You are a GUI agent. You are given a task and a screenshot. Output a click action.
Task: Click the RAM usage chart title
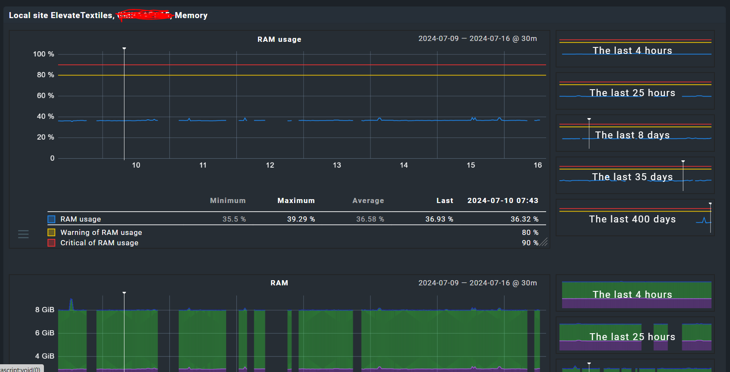[x=279, y=39]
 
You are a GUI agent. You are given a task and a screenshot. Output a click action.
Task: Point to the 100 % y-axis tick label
[x=43, y=54]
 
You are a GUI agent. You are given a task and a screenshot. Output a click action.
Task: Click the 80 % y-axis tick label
[x=45, y=75]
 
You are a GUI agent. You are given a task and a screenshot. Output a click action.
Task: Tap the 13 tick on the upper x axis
[x=337, y=165]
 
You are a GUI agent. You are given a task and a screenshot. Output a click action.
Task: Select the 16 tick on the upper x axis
[x=537, y=165]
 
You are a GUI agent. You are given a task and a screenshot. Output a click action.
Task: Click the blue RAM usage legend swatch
[x=51, y=219]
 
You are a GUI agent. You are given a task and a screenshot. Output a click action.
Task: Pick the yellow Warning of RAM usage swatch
[x=51, y=232]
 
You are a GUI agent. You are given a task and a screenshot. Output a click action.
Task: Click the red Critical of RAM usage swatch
[x=51, y=243]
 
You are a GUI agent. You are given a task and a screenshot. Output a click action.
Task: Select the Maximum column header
[x=296, y=200]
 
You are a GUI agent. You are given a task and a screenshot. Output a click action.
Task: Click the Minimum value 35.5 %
[x=234, y=219]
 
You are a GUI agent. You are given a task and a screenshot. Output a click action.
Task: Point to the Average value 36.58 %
[x=370, y=219]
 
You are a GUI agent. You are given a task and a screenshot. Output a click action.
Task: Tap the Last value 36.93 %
[x=439, y=219]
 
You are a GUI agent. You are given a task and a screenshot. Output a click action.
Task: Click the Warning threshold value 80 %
[x=530, y=232]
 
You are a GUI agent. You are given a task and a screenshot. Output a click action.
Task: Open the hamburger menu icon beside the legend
[x=23, y=234]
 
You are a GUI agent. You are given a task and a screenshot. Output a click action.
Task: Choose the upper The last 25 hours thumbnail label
[x=632, y=93]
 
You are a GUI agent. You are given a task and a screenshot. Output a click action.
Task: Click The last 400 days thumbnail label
[x=632, y=219]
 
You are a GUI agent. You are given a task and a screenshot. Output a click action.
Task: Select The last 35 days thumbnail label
[x=632, y=177]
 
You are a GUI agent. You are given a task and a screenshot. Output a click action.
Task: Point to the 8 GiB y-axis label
[x=45, y=309]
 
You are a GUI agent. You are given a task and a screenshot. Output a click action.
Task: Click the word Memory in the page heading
[x=191, y=16]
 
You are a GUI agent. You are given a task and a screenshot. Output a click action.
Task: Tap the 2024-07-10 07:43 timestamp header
[x=503, y=200]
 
